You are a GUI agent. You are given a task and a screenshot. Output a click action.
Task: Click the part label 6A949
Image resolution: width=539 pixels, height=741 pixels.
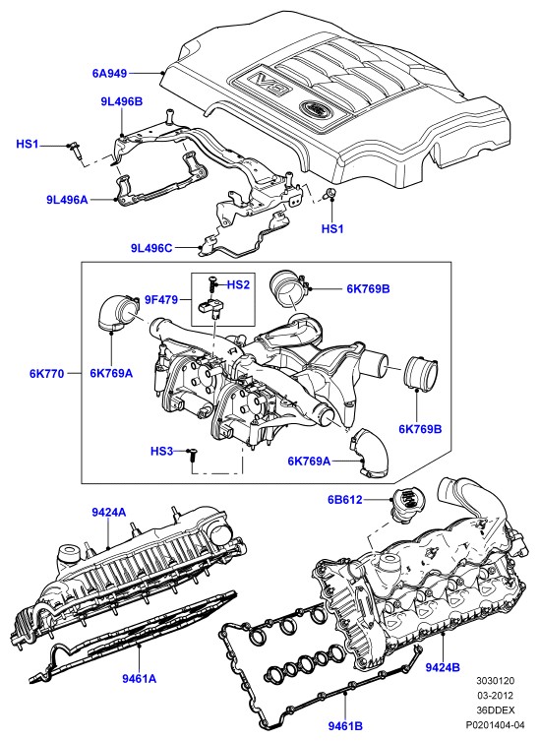(x=109, y=73)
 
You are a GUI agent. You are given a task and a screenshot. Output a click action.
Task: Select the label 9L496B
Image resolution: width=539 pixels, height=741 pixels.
(x=121, y=101)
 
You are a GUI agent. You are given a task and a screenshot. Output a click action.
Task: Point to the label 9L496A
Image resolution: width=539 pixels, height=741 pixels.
(x=67, y=200)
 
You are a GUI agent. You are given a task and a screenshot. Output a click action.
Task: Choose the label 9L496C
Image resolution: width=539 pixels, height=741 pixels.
(x=151, y=247)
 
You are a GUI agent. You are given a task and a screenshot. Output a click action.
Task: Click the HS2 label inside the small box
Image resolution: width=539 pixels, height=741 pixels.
(x=238, y=284)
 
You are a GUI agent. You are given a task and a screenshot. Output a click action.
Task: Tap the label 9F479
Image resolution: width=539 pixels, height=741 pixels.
(x=161, y=299)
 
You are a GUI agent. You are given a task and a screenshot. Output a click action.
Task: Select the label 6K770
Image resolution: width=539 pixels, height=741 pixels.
(x=47, y=373)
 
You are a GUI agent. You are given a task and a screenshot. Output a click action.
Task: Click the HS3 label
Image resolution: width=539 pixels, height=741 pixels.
(x=161, y=452)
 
